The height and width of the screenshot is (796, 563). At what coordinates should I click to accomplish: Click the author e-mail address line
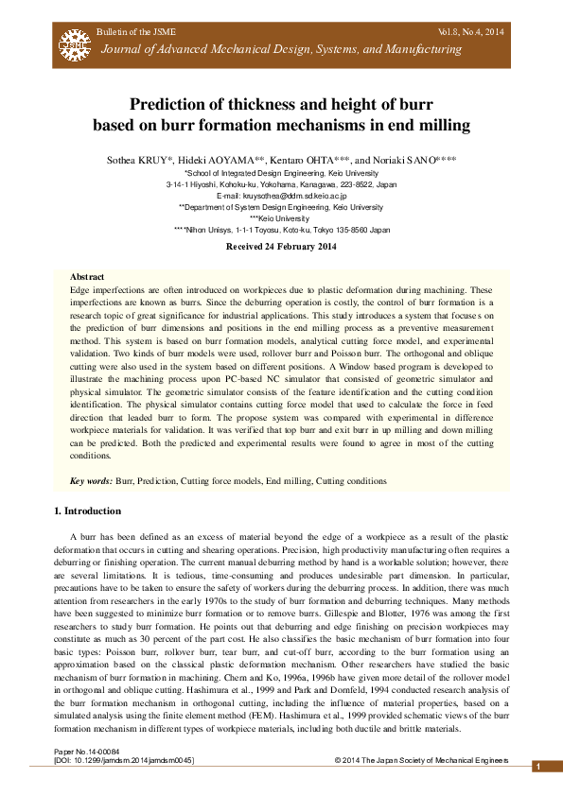tap(281, 196)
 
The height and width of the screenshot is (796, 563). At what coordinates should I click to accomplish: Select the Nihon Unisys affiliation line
tap(281, 230)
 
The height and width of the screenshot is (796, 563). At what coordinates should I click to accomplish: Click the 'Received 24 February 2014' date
tap(281, 247)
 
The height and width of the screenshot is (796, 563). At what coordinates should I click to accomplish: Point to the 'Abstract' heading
tap(87, 277)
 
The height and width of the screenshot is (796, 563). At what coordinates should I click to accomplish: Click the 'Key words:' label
tap(92, 481)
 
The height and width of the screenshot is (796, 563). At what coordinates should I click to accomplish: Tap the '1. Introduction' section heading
tap(87, 511)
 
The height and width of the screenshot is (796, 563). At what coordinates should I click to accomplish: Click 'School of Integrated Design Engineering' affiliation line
tap(281, 174)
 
